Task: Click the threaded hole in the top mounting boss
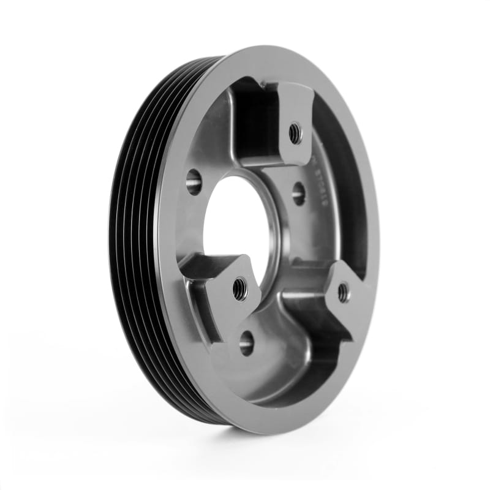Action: click(295, 132)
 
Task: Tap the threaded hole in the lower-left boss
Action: click(240, 287)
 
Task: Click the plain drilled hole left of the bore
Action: click(194, 181)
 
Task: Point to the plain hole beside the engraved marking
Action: click(298, 194)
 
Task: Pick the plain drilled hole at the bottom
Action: click(246, 343)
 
